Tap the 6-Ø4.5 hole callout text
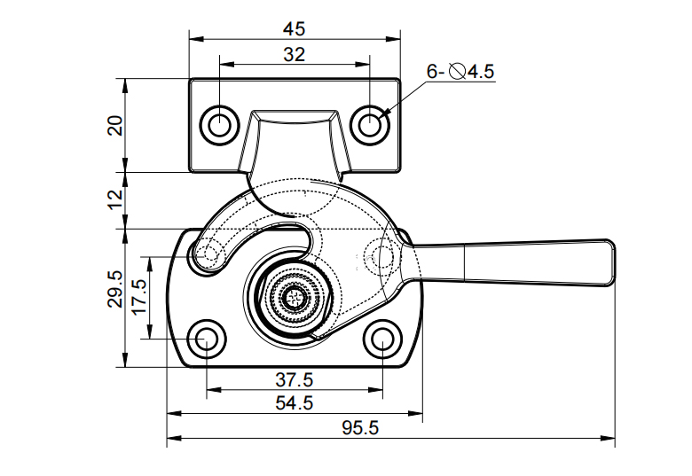pos(460,71)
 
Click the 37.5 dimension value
pos(294,379)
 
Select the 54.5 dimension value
pos(294,402)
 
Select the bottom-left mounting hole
pos(207,339)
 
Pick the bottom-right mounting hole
pos(382,339)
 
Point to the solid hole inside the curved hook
pos(210,255)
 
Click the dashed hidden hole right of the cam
pos(383,257)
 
